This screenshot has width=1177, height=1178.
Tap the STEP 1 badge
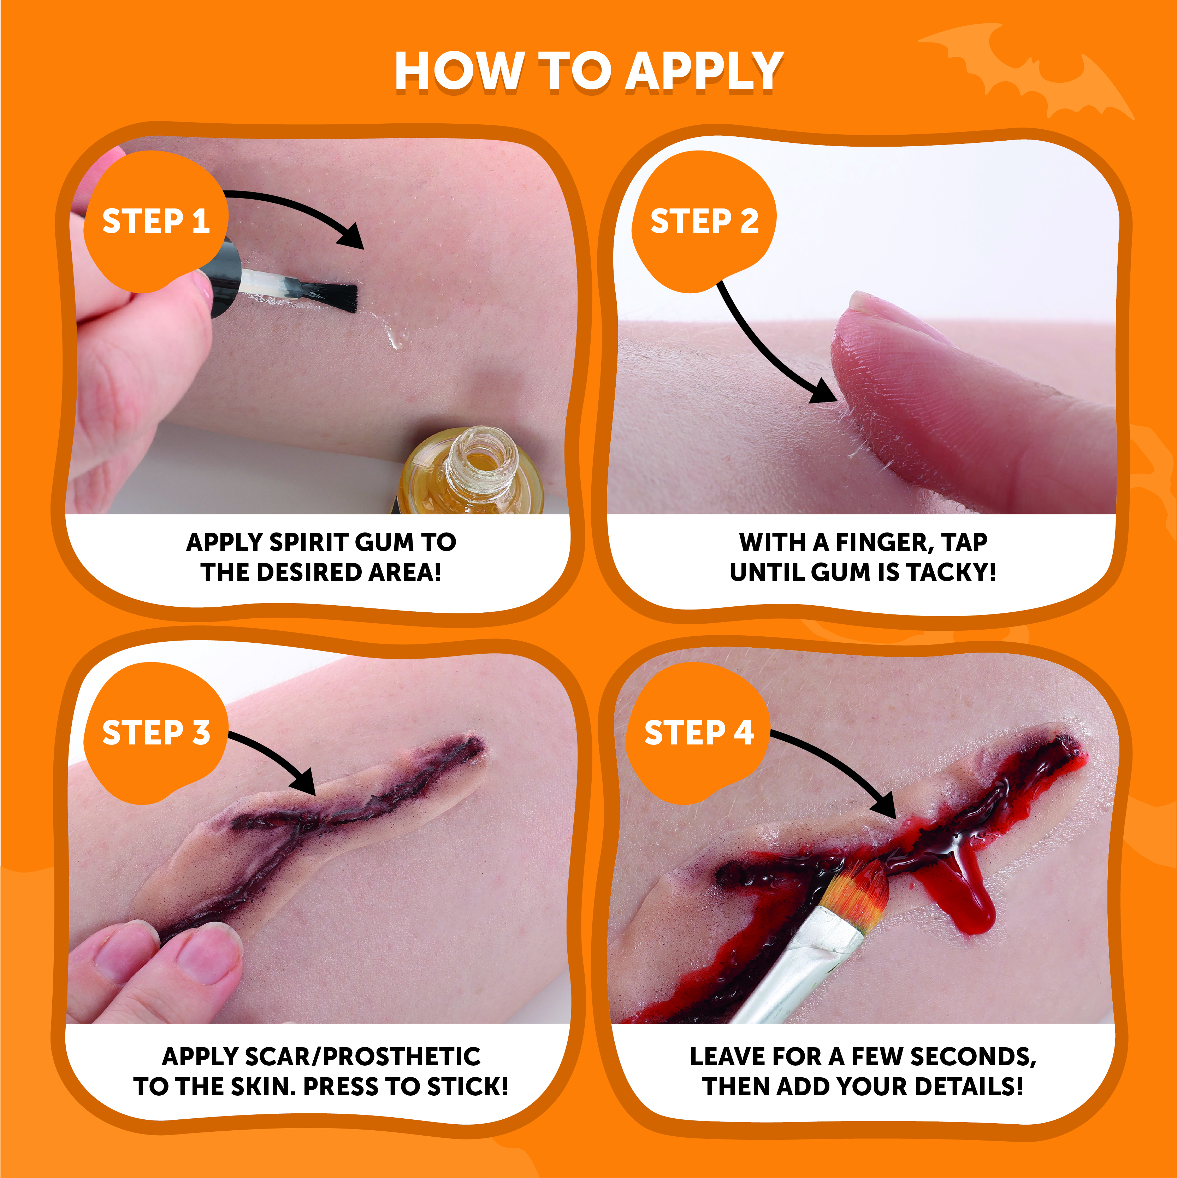[155, 221]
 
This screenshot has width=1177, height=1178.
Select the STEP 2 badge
[704, 221]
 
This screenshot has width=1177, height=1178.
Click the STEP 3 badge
[155, 732]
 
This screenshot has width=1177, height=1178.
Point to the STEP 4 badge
[698, 732]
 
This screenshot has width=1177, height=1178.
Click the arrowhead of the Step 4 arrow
[884, 805]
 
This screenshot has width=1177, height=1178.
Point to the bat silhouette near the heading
[1028, 70]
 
